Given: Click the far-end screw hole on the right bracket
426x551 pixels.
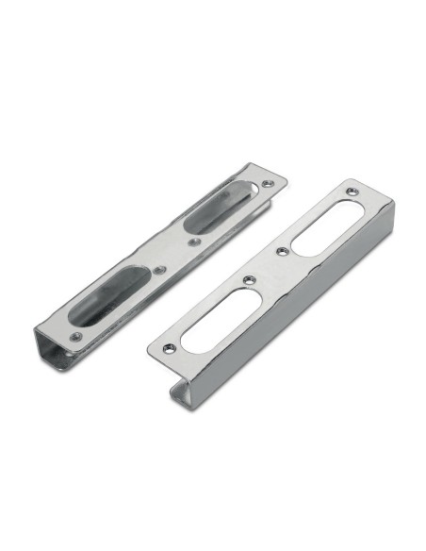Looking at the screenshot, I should click(x=352, y=192).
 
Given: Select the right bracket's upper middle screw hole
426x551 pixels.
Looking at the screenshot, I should click(x=281, y=251).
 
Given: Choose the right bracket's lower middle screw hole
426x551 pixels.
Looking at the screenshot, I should click(x=248, y=279).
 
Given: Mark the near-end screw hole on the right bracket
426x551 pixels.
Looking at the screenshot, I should click(x=170, y=346).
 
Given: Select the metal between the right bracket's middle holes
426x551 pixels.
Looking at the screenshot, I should click(x=264, y=266).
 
